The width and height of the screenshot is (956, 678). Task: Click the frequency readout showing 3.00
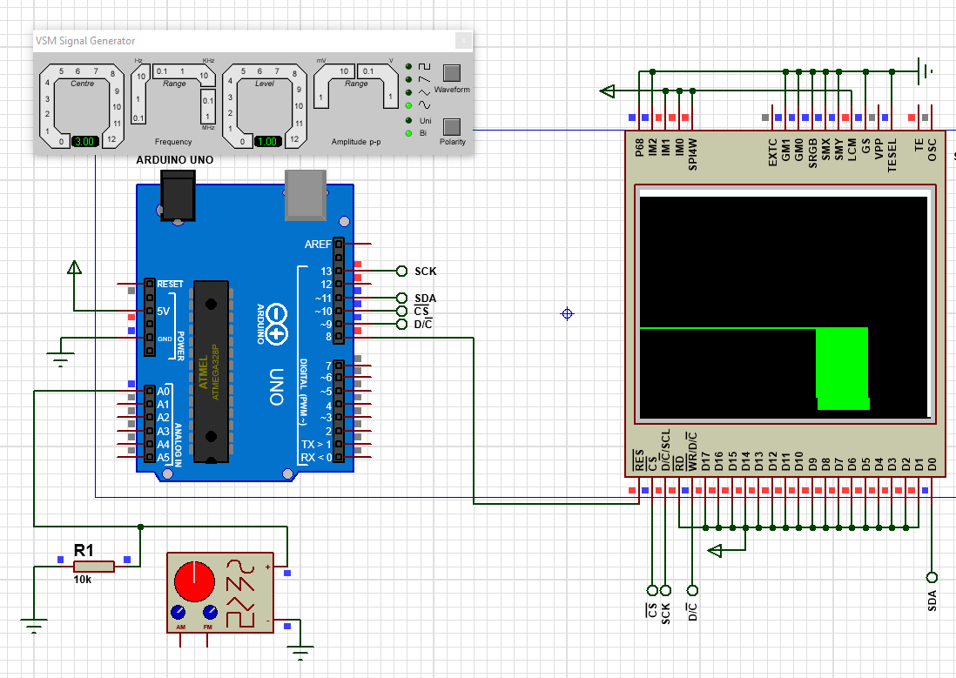85,141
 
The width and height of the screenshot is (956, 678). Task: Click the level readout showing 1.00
267,141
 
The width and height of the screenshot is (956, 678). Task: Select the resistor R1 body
94,567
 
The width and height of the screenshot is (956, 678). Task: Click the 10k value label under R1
84,579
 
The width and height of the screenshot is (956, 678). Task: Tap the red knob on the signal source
193,581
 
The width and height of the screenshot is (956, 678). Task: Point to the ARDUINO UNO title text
175,160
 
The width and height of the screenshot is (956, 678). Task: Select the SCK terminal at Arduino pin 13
401,271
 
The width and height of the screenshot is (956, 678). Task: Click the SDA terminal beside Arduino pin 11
401,298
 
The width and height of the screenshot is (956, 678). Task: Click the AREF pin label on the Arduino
318,245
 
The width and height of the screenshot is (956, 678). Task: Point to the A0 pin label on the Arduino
163,391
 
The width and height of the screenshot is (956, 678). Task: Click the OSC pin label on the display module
932,155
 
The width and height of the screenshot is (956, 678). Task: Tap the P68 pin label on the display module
640,153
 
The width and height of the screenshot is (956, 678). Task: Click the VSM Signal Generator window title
84,41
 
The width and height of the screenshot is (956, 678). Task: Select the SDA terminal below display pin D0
932,577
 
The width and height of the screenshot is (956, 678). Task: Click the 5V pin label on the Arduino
163,311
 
